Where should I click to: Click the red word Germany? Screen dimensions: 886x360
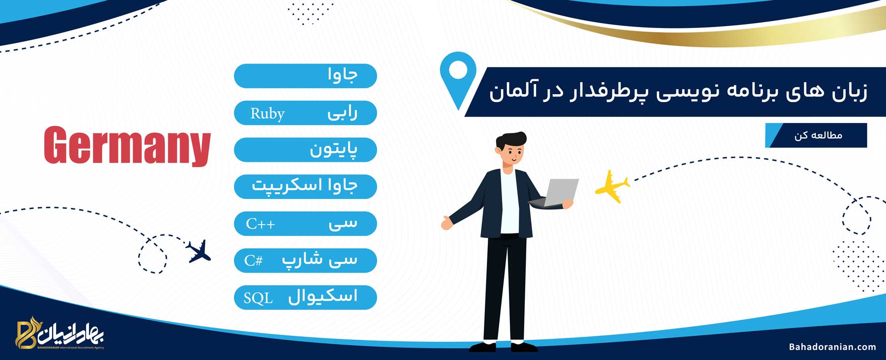pyautogui.click(x=127, y=146)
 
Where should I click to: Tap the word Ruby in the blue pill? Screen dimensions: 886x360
pyautogui.click(x=267, y=114)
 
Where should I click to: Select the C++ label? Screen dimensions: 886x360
pyautogui.click(x=260, y=224)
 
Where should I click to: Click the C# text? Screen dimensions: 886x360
pyautogui.click(x=253, y=260)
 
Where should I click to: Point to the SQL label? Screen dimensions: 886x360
pyautogui.click(x=258, y=298)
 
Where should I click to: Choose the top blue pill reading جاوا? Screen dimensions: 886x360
pyautogui.click(x=305, y=76)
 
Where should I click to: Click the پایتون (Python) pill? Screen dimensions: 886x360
pyautogui.click(x=305, y=150)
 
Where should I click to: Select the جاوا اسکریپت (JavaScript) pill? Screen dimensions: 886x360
pyautogui.click(x=305, y=187)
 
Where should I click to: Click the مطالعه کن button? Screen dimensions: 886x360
pyautogui.click(x=816, y=135)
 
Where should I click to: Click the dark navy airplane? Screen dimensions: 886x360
pyautogui.click(x=198, y=252)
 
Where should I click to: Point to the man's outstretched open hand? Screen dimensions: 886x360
pyautogui.click(x=446, y=223)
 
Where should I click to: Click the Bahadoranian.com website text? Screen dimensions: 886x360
pyautogui.click(x=832, y=347)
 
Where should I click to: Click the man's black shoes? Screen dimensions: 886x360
pyautogui.click(x=503, y=347)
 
